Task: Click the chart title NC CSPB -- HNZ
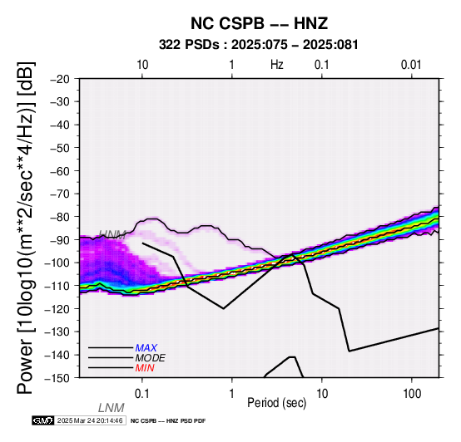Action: (x=259, y=23)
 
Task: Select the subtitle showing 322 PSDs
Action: (x=259, y=45)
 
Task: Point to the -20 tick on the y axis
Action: (x=60, y=79)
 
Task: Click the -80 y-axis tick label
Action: (x=60, y=217)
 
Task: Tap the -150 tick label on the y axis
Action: (x=57, y=378)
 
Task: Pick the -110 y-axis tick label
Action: (x=57, y=286)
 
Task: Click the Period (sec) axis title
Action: (x=276, y=403)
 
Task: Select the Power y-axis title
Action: (x=25, y=228)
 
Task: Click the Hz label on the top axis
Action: (x=276, y=65)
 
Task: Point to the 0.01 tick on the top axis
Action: (x=411, y=65)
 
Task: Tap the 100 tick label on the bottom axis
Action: (x=412, y=394)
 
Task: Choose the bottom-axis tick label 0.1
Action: (x=142, y=394)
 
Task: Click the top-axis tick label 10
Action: (x=142, y=65)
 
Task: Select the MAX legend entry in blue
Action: (x=146, y=348)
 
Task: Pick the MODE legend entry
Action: (x=151, y=358)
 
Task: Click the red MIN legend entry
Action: (x=145, y=368)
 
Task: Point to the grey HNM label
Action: (x=112, y=234)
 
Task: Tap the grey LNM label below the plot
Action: (x=112, y=408)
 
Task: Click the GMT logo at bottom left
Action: (x=43, y=420)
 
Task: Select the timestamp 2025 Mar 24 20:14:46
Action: (x=90, y=420)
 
